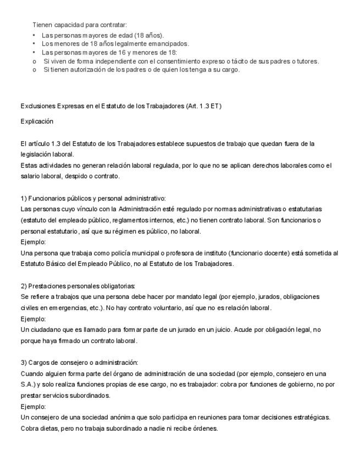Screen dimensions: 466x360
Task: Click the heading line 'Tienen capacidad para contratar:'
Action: point(80,25)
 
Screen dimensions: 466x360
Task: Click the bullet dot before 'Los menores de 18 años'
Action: point(34,43)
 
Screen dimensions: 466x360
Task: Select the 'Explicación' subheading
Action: point(37,121)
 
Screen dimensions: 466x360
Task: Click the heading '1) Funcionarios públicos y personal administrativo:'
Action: point(93,198)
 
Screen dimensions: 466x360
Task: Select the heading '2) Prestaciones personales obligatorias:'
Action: point(77,286)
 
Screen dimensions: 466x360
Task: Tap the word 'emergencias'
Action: point(60,308)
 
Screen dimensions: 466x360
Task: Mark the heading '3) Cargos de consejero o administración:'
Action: point(79,363)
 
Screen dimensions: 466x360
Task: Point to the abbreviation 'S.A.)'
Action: point(29,385)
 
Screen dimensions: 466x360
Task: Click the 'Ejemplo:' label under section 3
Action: point(33,407)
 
